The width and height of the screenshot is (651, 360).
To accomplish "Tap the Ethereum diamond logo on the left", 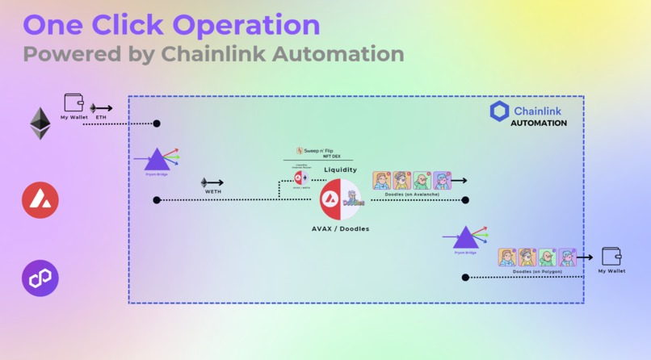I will pyautogui.click(x=40, y=123).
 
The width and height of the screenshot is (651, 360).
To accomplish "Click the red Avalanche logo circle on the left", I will pyautogui.click(x=40, y=200).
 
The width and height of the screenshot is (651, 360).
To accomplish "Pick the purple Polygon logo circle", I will pyautogui.click(x=40, y=278).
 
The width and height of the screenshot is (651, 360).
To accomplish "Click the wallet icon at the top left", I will pyautogui.click(x=74, y=103).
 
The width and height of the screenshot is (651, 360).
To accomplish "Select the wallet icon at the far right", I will pyautogui.click(x=611, y=256).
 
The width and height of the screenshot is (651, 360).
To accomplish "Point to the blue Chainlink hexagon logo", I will pyautogui.click(x=499, y=111).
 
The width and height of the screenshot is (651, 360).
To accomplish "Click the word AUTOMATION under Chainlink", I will pyautogui.click(x=538, y=123).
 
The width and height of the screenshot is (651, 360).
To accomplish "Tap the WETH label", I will pyautogui.click(x=212, y=192).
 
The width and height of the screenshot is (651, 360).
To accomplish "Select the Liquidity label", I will pyautogui.click(x=340, y=170).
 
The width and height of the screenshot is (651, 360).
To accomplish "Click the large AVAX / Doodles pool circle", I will pyautogui.click(x=340, y=199).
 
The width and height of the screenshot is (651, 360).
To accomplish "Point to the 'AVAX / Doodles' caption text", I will pyautogui.click(x=340, y=228).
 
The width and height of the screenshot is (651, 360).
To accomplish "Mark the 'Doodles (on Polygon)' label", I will pyautogui.click(x=537, y=271).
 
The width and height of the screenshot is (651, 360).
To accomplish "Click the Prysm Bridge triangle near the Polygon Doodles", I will pyautogui.click(x=465, y=238).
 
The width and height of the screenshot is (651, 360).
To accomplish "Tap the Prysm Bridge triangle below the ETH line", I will pyautogui.click(x=155, y=159).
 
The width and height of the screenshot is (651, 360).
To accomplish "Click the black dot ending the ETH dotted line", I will pyautogui.click(x=157, y=123).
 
